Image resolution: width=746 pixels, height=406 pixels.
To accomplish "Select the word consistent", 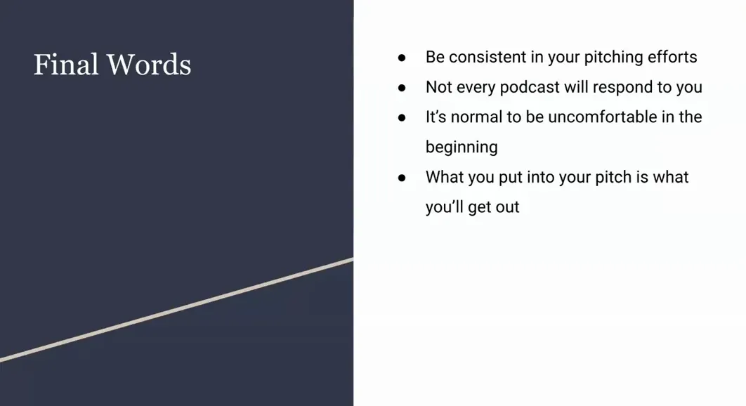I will click(490, 57).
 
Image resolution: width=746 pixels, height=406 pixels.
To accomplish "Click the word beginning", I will click(462, 147).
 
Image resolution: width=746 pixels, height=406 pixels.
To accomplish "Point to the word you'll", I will click(447, 207).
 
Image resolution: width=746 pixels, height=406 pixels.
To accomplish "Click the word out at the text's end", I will click(506, 207).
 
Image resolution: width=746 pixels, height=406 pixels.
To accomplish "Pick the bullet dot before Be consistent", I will click(402, 58).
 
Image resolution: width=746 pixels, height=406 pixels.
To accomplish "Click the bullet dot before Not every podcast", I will click(402, 88).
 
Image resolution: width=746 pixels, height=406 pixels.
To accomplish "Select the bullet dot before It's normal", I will click(402, 117).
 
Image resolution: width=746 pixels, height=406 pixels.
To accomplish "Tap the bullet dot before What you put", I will click(402, 178).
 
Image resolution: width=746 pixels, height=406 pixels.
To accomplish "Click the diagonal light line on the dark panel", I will click(176, 310).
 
